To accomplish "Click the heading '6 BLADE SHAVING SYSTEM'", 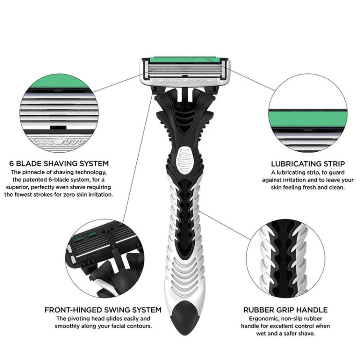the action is (59, 164).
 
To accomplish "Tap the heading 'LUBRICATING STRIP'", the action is (308, 164).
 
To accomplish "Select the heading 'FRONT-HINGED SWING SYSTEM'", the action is (103, 310).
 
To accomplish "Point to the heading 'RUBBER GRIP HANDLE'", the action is (286, 310).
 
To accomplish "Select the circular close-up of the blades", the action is (59, 113).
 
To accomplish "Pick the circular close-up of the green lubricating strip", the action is (308, 113).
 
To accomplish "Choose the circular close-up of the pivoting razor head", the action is (105, 259).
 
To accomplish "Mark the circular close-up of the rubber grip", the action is (286, 259).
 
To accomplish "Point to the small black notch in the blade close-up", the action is (58, 127).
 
